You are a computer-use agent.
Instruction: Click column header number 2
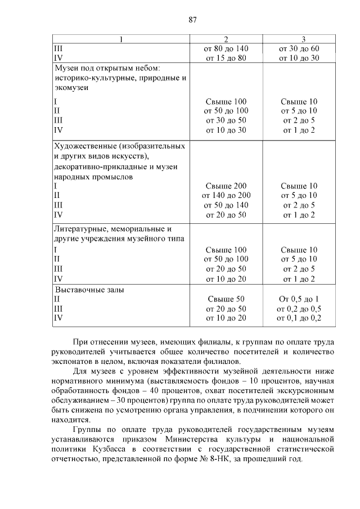pos(226,39)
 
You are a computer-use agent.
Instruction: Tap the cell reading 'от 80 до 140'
pos(226,48)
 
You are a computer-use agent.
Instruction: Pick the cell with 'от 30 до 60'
pos(299,48)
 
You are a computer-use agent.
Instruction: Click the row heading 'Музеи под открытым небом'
pos(107,68)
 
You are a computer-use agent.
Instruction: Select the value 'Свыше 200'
pos(226,186)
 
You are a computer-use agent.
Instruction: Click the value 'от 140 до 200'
pos(226,195)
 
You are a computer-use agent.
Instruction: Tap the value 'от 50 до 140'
pos(226,205)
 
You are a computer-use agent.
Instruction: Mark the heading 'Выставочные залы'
pos(89,290)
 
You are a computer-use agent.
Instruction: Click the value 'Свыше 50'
pos(226,299)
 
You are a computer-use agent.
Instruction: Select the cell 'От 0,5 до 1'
pos(299,299)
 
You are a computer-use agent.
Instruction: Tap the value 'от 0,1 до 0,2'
pos(299,318)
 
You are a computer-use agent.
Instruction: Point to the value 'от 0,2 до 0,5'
pos(299,309)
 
